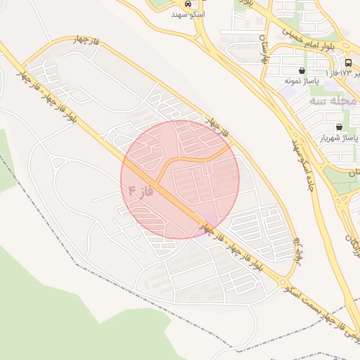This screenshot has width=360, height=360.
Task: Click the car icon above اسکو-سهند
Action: (x=187, y=3)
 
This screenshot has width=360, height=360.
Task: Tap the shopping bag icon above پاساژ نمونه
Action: (x=302, y=70)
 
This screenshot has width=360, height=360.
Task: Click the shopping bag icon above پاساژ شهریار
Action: (x=339, y=127)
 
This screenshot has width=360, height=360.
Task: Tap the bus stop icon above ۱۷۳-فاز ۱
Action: (x=349, y=62)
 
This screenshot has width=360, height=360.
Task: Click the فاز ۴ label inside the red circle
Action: (x=141, y=190)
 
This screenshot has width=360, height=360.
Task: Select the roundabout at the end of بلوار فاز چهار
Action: (x=287, y=280)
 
